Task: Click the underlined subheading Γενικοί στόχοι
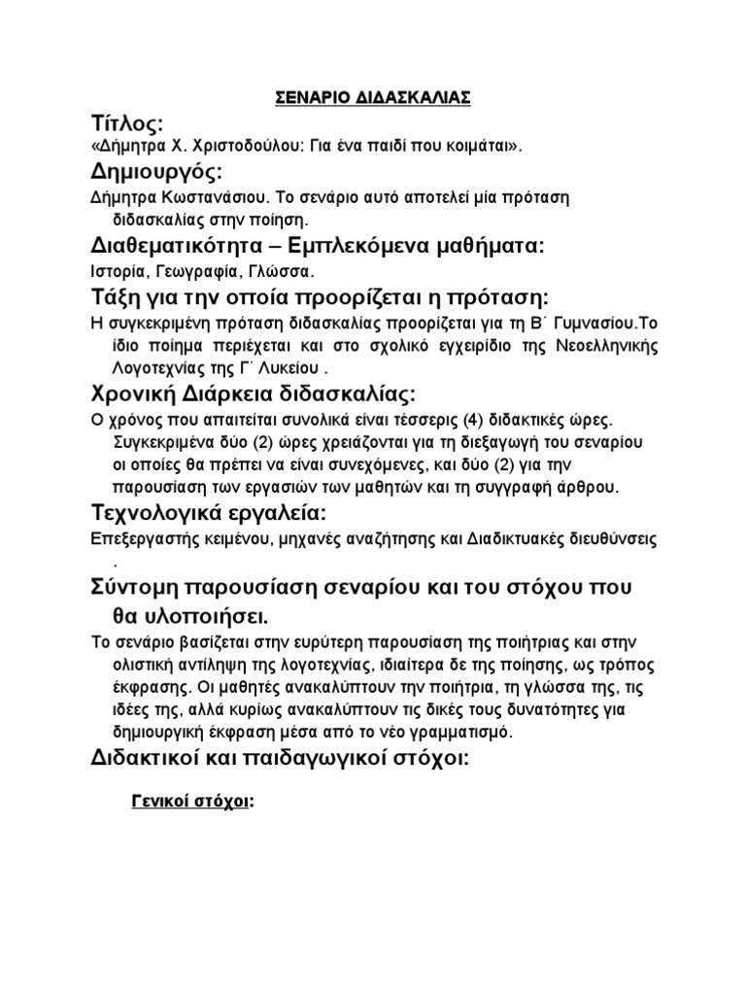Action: [x=188, y=803]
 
